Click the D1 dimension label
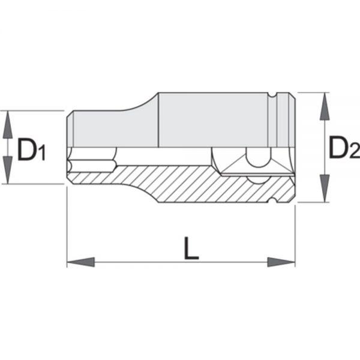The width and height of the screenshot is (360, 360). [31, 149]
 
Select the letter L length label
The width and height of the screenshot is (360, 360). [191, 248]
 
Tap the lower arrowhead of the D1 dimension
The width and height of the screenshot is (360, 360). [8, 170]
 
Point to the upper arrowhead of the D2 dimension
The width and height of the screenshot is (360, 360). [324, 106]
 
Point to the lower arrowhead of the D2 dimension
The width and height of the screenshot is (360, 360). [324, 188]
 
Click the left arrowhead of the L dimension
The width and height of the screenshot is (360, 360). [80, 262]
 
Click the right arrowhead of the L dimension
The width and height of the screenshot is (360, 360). [281, 262]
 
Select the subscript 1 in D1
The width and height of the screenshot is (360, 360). [42, 152]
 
